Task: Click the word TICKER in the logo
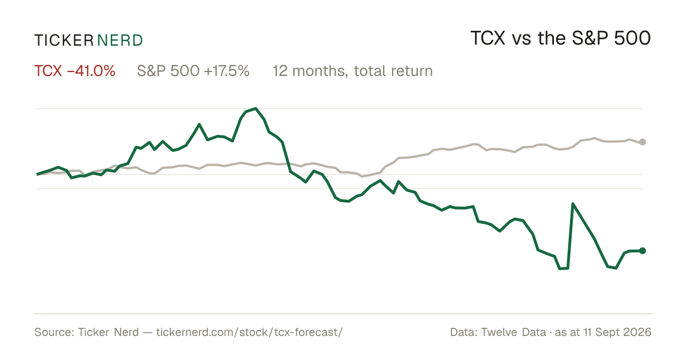click(64, 41)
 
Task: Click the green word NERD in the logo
click(120, 41)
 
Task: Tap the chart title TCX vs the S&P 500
click(560, 38)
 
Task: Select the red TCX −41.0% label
click(75, 71)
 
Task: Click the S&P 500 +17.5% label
click(193, 71)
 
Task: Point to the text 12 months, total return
click(353, 71)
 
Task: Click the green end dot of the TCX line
click(643, 251)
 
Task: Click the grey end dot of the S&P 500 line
click(643, 142)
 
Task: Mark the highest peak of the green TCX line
click(256, 109)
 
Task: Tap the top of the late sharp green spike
click(573, 204)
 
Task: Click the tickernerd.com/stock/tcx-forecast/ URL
click(249, 332)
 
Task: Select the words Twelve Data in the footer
click(513, 332)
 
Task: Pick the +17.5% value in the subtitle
click(226, 71)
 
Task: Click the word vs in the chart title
click(521, 39)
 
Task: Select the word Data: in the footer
click(464, 332)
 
